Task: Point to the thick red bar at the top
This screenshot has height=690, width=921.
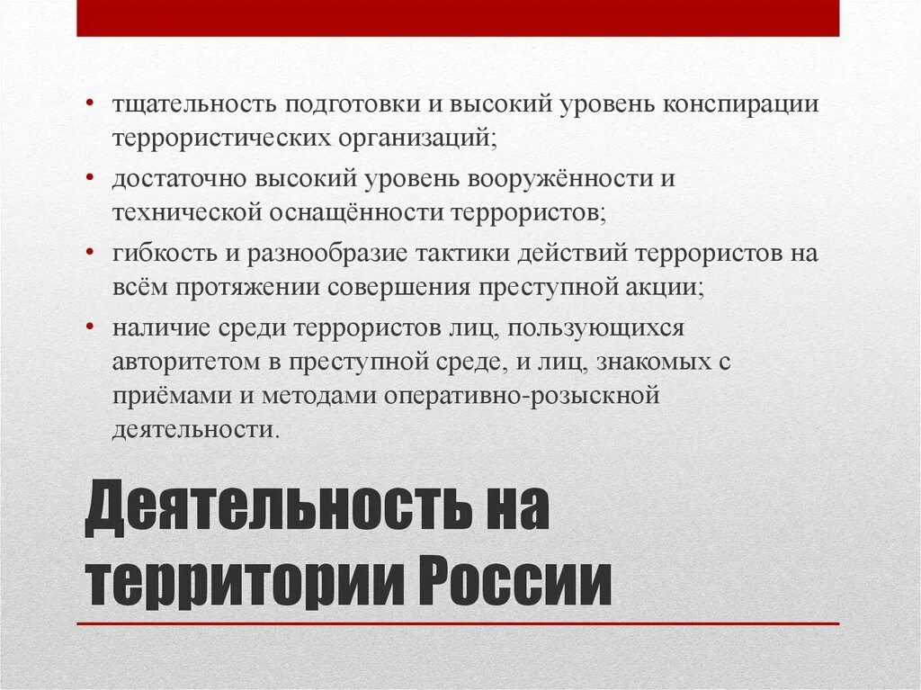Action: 458,18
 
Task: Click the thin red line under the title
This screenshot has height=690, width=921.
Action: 458,623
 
